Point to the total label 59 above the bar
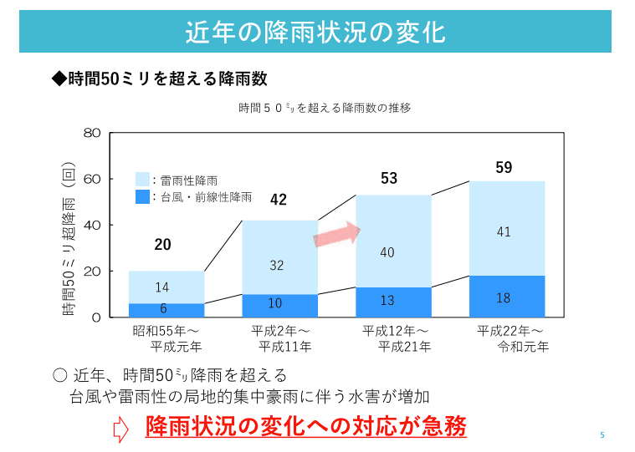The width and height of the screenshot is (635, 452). point(504,168)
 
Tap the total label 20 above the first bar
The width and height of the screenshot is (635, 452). point(162,245)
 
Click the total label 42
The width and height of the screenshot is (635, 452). point(278,200)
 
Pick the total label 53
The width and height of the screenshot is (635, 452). point(389,178)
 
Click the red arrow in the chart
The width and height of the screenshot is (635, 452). point(336,235)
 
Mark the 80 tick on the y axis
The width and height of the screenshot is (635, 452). point(93,133)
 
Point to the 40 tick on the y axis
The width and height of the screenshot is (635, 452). point(93,225)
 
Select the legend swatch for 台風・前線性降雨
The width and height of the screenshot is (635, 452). point(142,197)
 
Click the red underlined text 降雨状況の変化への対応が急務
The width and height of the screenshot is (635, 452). point(305,427)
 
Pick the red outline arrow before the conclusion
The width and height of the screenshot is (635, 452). point(120,429)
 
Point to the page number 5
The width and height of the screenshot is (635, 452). point(602,435)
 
